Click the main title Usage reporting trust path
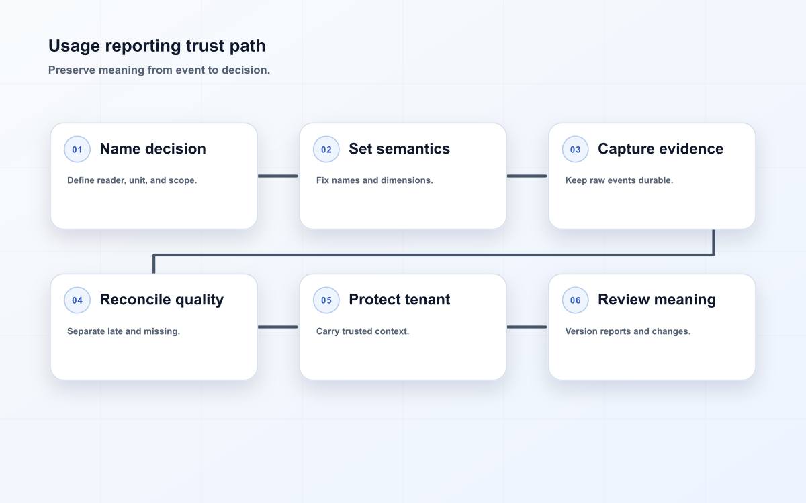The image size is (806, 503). click(157, 46)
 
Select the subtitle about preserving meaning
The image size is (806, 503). click(159, 70)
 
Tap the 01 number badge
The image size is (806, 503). click(77, 149)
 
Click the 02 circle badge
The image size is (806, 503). click(326, 149)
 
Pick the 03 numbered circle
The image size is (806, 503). click(575, 149)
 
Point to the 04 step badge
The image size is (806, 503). click(77, 300)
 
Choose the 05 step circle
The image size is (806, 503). click(326, 300)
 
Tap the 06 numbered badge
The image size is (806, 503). click(575, 300)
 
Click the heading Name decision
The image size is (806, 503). click(153, 149)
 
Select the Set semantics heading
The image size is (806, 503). click(399, 149)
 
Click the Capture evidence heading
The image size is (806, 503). click(660, 149)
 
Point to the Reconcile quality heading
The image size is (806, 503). click(162, 300)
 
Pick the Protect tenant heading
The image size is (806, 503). click(399, 300)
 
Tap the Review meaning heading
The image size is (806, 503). click(657, 300)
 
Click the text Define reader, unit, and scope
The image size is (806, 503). click(132, 180)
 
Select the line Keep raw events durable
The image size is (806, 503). click(619, 180)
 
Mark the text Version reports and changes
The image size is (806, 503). click(628, 331)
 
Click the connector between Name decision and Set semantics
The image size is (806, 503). click(278, 176)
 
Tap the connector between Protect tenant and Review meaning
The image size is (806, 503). click(527, 327)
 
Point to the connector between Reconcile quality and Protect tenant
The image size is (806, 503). click(278, 327)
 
